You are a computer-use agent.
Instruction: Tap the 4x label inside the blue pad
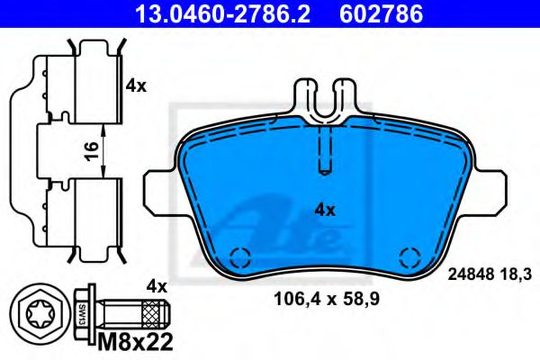tap(325, 210)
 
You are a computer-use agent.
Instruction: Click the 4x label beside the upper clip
tap(136, 87)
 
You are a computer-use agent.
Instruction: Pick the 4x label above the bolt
tap(157, 287)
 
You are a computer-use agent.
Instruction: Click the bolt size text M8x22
tap(134, 341)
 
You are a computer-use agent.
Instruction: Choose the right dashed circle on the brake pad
tap(409, 256)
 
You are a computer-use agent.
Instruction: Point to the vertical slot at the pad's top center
tap(326, 148)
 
